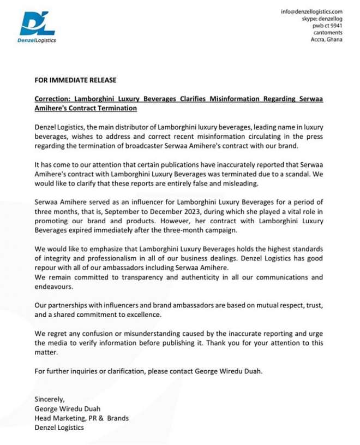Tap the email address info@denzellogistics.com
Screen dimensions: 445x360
point(311,11)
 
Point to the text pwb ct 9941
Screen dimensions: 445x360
point(327,26)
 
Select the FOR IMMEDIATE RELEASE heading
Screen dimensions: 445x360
point(75,80)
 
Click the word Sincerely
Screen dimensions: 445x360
point(50,399)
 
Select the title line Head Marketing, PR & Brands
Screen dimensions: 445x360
point(81,418)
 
